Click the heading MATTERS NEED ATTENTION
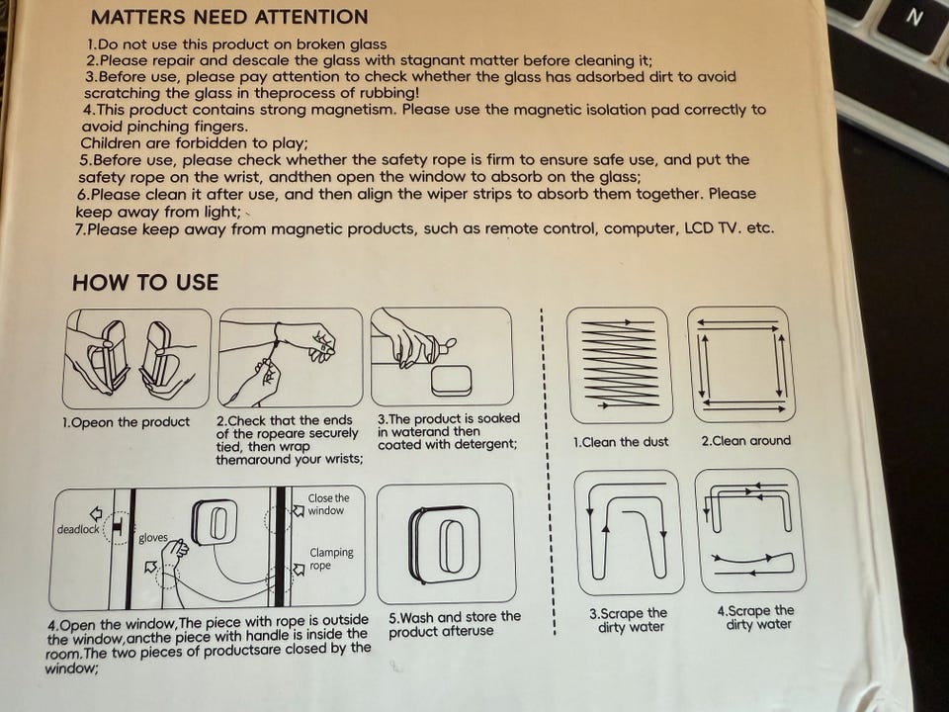click(229, 17)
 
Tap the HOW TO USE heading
click(145, 283)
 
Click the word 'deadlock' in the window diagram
click(78, 530)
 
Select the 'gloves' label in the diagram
click(153, 538)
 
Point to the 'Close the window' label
click(328, 504)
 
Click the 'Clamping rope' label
click(331, 559)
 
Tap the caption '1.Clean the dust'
click(621, 442)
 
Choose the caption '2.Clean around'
click(746, 441)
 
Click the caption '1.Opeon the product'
click(126, 422)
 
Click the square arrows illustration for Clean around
click(741, 365)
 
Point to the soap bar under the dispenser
click(452, 380)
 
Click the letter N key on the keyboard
click(914, 17)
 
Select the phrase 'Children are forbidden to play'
click(194, 143)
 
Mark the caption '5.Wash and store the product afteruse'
click(455, 624)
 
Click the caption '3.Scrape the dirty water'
click(630, 620)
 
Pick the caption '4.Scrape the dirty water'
click(756, 617)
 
